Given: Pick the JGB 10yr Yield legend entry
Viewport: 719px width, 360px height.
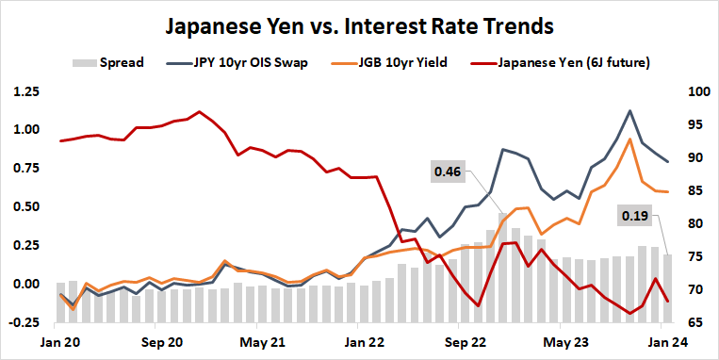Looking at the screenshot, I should click(392, 63).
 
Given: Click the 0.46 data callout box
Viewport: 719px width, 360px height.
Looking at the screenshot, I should click(448, 172).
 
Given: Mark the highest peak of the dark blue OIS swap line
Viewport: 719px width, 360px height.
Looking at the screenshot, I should click(629, 111).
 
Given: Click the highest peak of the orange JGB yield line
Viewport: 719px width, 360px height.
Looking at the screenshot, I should click(629, 139).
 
